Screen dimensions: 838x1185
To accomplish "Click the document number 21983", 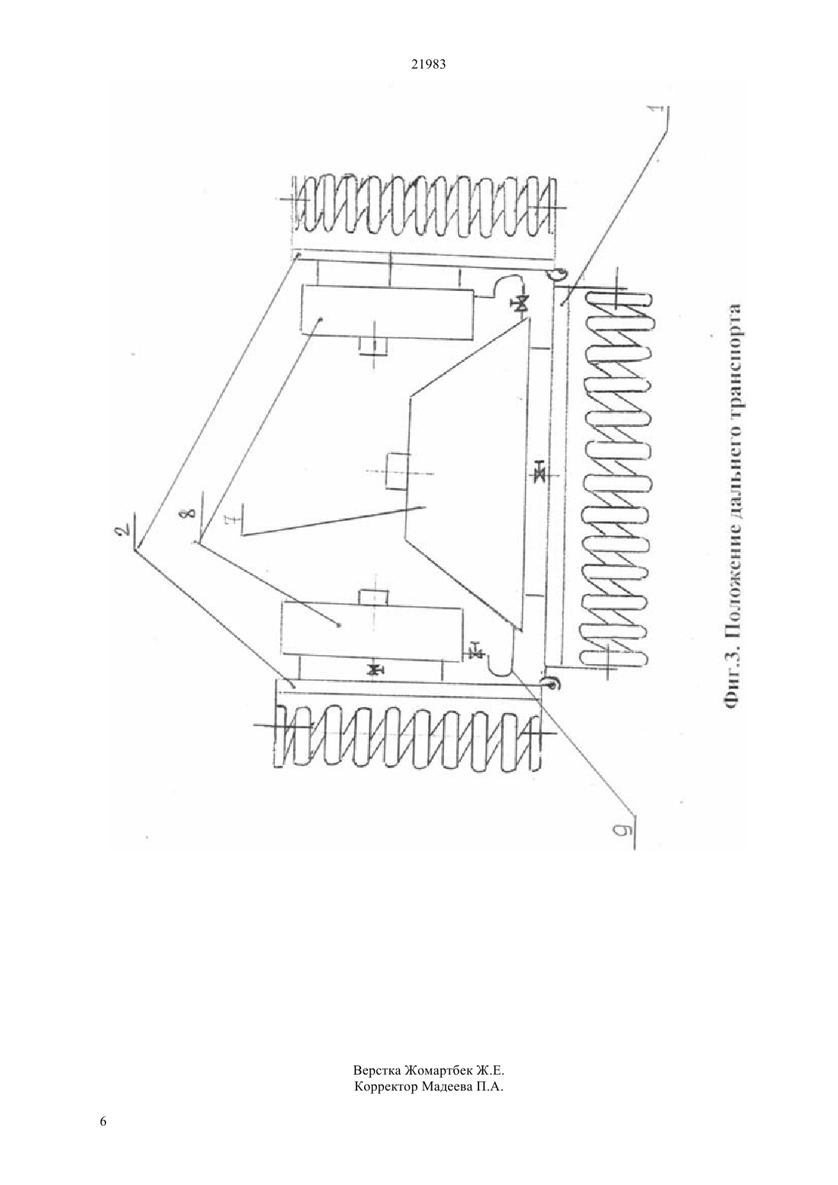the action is (x=428, y=65).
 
